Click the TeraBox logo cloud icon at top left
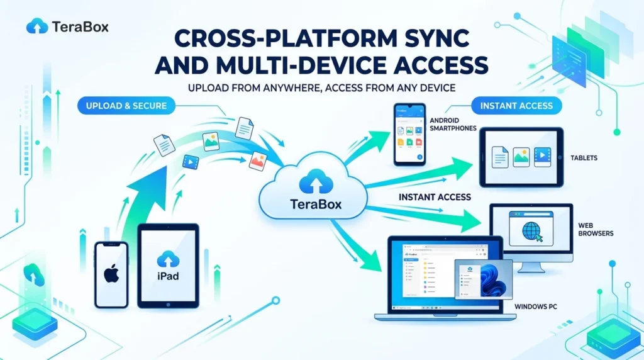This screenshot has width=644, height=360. click(37, 26)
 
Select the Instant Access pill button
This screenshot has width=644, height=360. click(516, 105)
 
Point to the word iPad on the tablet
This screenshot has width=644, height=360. click(167, 276)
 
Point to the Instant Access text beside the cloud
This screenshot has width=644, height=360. click(435, 197)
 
